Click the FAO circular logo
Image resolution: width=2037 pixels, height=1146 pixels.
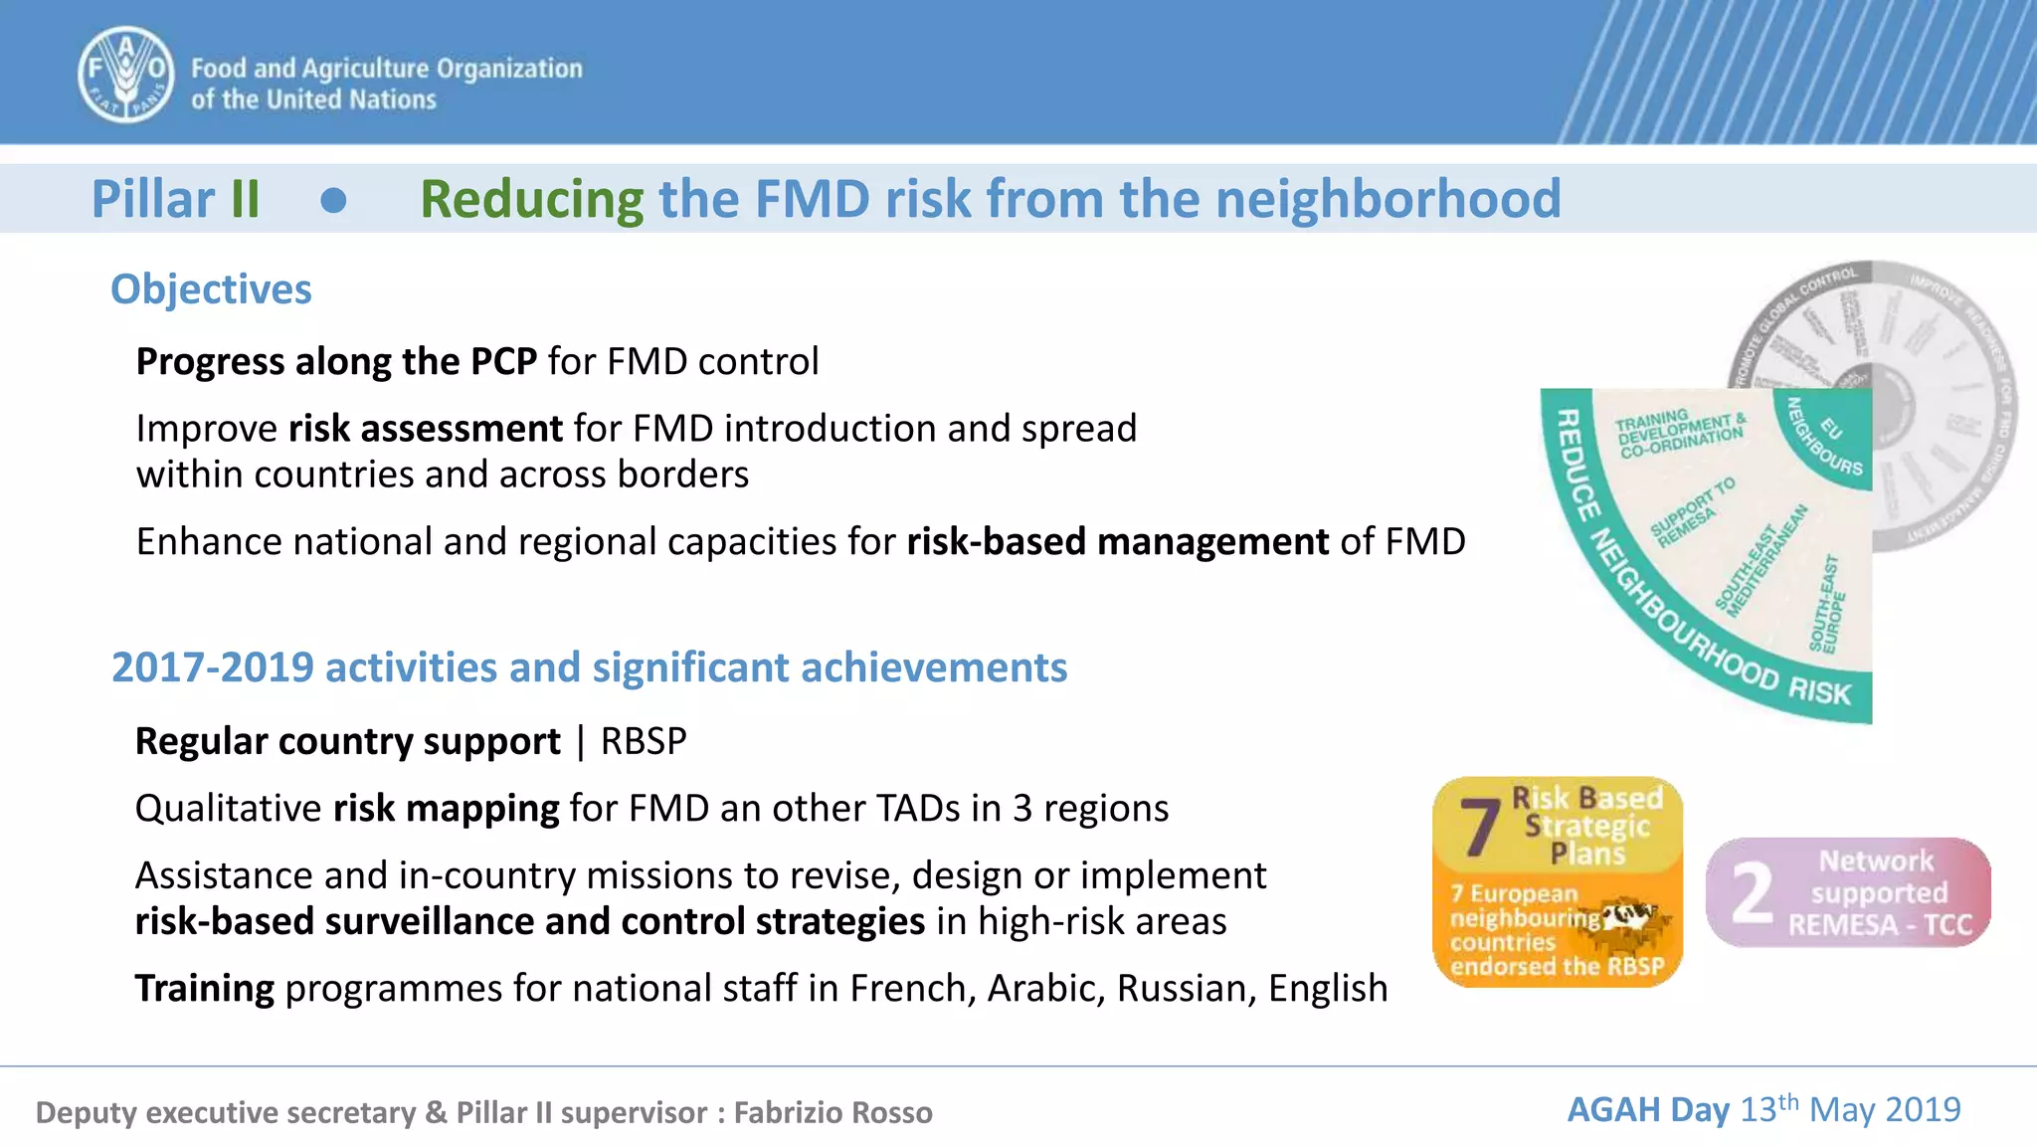pyautogui.click(x=126, y=75)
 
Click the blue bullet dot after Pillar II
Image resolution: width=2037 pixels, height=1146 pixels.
pyautogui.click(x=334, y=201)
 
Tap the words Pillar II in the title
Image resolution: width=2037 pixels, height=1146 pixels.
pyautogui.click(x=176, y=199)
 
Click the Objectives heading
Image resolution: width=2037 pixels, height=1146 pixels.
pyautogui.click(x=211, y=289)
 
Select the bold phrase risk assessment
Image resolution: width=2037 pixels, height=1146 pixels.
pyautogui.click(x=426, y=429)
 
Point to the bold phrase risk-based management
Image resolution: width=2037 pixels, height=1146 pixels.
pyautogui.click(x=1117, y=542)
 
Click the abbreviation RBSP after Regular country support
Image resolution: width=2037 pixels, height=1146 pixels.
pyautogui.click(x=644, y=742)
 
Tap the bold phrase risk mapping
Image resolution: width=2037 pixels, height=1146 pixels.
pyautogui.click(x=446, y=809)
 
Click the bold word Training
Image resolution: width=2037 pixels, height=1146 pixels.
pyautogui.click(x=205, y=989)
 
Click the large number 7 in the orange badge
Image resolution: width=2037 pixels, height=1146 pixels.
pyautogui.click(x=1479, y=828)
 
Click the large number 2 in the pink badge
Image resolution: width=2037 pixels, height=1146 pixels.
pyautogui.click(x=1752, y=893)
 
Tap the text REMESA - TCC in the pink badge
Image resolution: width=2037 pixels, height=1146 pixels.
pyautogui.click(x=1879, y=925)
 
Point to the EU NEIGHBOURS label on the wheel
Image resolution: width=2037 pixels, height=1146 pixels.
pyautogui.click(x=1826, y=438)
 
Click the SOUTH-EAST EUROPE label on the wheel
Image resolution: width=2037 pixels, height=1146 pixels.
pyautogui.click(x=1827, y=605)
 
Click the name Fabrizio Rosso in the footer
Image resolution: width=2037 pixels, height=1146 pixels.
pyautogui.click(x=833, y=1112)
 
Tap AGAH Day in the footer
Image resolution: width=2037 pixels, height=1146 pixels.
pyautogui.click(x=1648, y=1109)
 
